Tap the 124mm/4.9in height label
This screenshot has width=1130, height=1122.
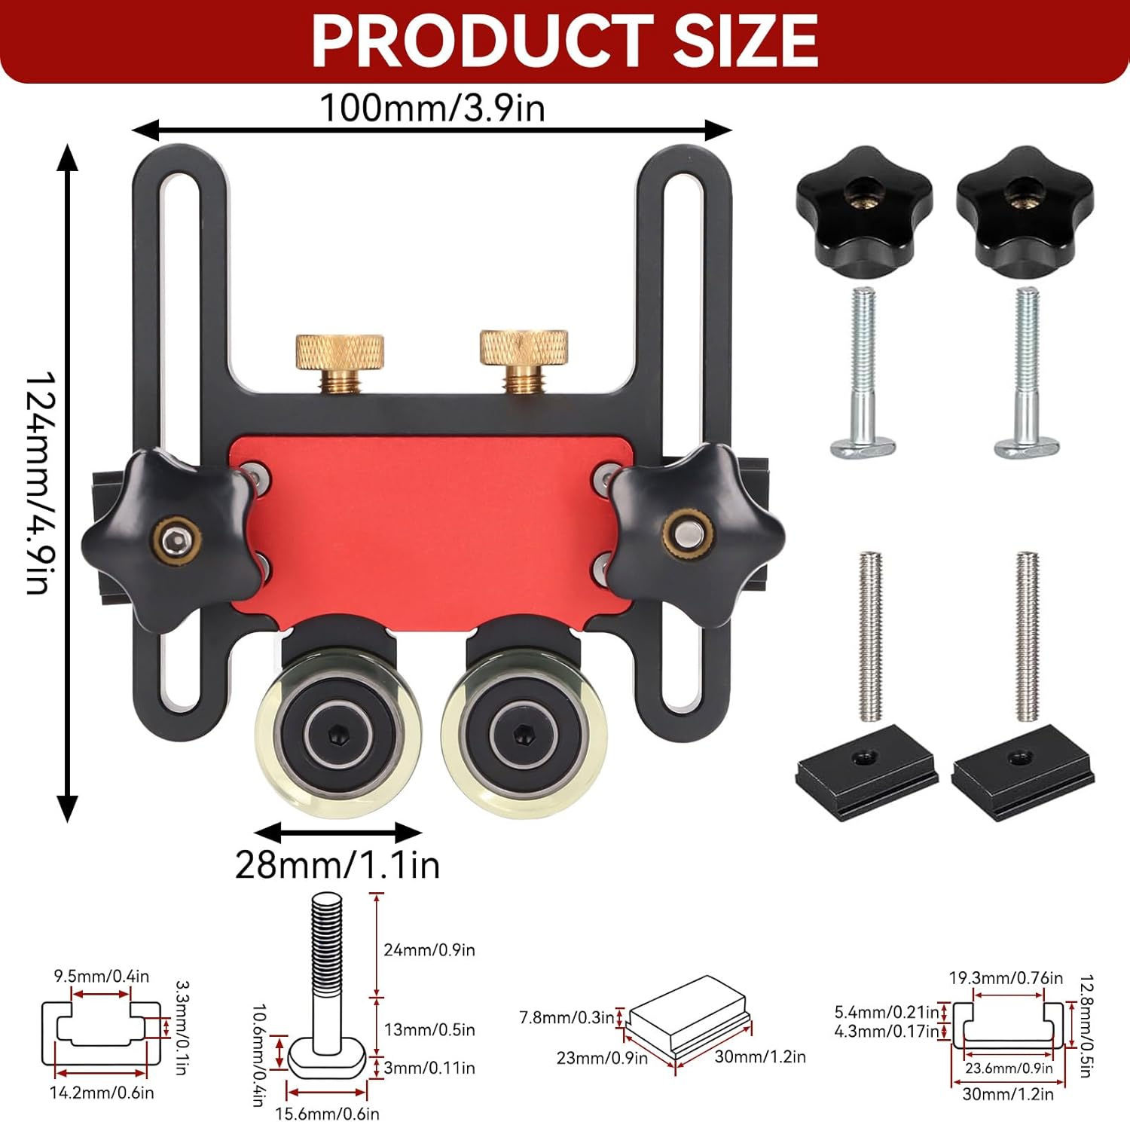point(39,482)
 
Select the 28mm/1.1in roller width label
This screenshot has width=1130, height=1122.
point(337,864)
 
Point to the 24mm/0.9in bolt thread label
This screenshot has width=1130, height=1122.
point(429,949)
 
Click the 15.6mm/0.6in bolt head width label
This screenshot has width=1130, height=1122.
point(327,1113)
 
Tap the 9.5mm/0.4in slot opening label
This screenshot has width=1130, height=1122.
point(101,976)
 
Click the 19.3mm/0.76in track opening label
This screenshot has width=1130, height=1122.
point(1006,977)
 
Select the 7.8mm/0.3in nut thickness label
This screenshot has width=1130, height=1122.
point(567,1017)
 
